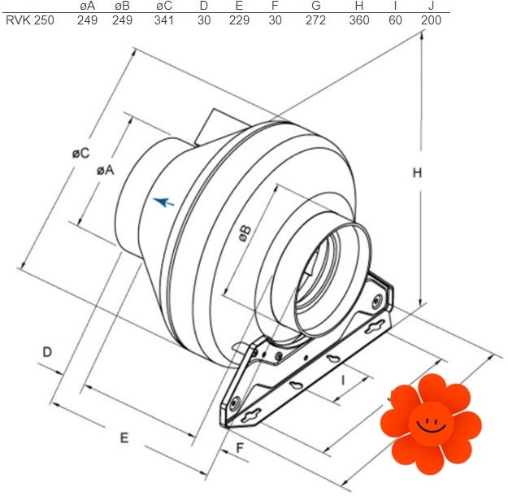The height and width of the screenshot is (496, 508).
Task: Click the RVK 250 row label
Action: [x=30, y=20]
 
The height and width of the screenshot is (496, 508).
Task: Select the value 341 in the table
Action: [x=164, y=20]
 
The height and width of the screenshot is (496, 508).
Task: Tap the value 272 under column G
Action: [x=315, y=20]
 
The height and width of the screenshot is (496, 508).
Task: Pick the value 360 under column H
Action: [x=359, y=20]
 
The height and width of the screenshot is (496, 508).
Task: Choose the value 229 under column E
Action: [x=239, y=20]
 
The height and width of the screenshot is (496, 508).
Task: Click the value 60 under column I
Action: [x=395, y=20]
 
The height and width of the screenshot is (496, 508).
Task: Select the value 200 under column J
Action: [x=431, y=20]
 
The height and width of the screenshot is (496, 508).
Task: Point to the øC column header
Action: [x=164, y=6]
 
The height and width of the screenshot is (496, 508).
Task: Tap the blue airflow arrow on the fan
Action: [x=163, y=202]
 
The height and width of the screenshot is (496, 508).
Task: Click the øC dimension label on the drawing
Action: [x=80, y=153]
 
